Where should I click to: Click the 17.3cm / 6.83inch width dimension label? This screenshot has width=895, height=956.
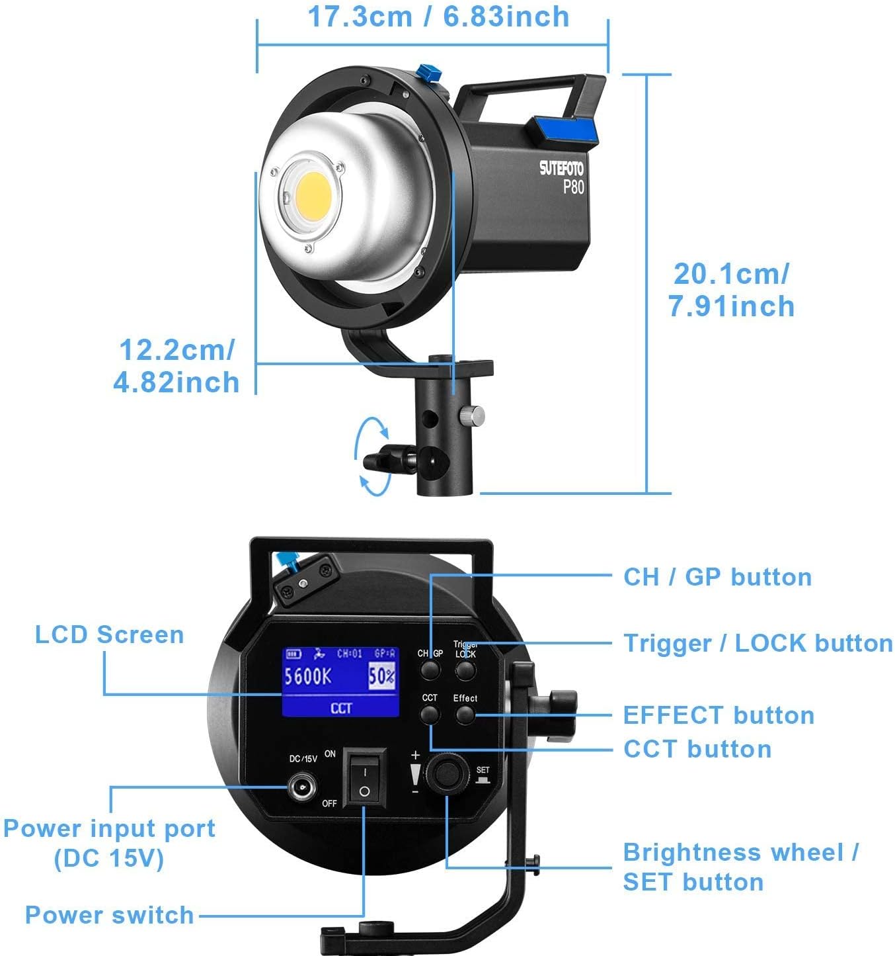[x=438, y=17]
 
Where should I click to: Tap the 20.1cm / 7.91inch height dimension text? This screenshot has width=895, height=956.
[x=731, y=290]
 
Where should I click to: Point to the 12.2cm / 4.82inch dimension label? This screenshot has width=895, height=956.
[x=176, y=366]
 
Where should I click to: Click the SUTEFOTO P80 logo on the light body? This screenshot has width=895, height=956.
[x=562, y=177]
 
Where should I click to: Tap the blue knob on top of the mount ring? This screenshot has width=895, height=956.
[x=430, y=73]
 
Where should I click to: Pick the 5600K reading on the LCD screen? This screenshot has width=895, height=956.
[x=308, y=676]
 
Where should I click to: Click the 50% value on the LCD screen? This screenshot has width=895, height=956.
[x=382, y=676]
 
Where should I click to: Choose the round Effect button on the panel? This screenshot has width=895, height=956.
[x=465, y=715]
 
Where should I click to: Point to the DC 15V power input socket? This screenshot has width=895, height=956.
[x=302, y=787]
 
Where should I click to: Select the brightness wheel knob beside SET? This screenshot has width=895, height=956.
[x=448, y=773]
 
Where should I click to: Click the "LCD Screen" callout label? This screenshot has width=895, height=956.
[x=110, y=634]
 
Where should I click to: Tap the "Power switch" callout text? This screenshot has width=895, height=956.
[x=110, y=914]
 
